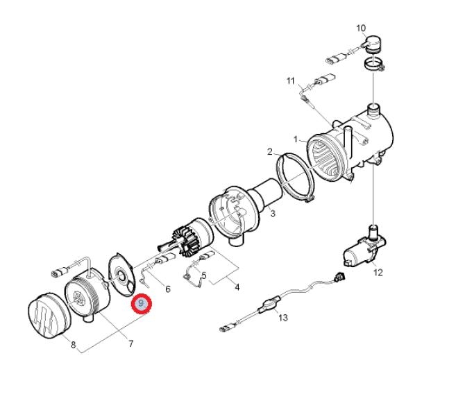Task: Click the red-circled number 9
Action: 142,303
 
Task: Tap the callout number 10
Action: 361,28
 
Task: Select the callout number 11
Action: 291,80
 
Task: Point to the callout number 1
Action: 296,139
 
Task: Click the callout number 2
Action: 269,152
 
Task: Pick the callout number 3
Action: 273,213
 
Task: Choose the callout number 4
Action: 237,287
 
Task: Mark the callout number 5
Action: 204,275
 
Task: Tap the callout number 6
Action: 168,289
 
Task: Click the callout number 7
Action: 130,343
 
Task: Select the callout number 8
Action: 74,345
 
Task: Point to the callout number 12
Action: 378,272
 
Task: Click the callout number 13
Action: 283,318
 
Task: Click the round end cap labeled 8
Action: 49,316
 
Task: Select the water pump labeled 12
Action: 364,246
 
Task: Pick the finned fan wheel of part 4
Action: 186,240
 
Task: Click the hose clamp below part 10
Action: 374,65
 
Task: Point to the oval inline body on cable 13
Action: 269,304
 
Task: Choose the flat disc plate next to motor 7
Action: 122,274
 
